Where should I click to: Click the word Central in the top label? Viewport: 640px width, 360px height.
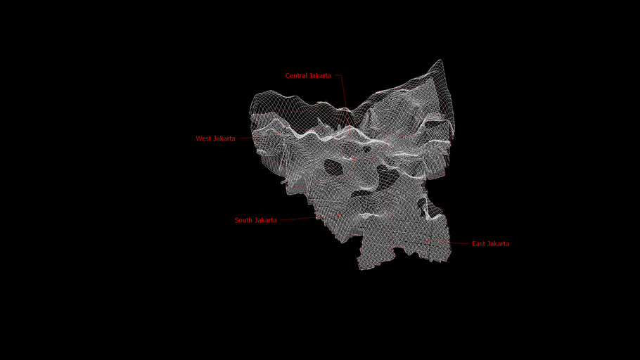(x=296, y=76)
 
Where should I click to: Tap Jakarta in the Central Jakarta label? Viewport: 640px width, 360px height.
(x=320, y=76)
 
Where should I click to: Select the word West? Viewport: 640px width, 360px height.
(x=203, y=139)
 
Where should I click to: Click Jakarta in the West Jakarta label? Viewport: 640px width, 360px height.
(x=224, y=139)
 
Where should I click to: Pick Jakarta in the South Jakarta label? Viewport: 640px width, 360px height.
(x=266, y=221)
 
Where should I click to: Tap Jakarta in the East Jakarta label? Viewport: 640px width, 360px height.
(x=499, y=244)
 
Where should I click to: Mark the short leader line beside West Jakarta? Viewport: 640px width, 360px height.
(x=244, y=139)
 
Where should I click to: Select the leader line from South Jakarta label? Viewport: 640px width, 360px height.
(x=302, y=219)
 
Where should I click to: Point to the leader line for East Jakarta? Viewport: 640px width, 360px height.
(x=450, y=243)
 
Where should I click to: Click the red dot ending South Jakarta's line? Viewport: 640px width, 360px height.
(x=339, y=215)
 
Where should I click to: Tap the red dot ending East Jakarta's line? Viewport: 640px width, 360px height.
(x=428, y=240)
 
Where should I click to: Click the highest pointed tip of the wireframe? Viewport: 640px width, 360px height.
(x=440, y=60)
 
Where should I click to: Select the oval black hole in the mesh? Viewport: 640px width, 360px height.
(x=333, y=167)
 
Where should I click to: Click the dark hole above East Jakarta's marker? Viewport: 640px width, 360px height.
(x=422, y=206)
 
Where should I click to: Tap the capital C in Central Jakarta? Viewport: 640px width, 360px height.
(x=288, y=76)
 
